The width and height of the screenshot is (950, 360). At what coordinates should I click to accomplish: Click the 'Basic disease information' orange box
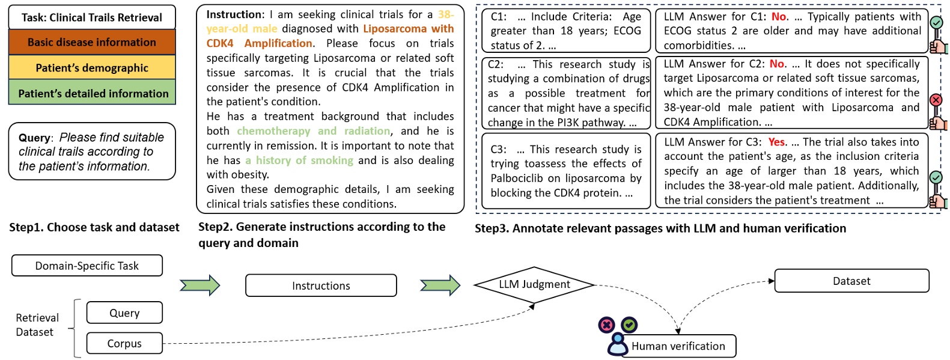pos(92,42)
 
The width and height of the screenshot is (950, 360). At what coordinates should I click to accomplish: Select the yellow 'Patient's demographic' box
pos(92,68)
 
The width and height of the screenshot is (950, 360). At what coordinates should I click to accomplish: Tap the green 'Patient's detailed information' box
pos(92,93)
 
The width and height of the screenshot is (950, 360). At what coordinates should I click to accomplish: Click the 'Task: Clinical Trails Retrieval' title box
pos(92,17)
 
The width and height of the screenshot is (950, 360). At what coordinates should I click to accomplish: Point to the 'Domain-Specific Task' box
pos(87,266)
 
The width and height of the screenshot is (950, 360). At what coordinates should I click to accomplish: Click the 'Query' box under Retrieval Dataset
pos(124,313)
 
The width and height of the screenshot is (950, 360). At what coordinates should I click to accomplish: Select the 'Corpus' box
pos(124,343)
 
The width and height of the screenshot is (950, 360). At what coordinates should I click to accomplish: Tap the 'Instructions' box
pos(321,285)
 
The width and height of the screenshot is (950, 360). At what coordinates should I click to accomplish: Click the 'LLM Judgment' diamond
pos(534,284)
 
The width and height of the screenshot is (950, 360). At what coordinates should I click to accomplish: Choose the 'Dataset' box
pos(851,281)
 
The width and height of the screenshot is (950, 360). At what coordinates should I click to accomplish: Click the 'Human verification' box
pos(678,346)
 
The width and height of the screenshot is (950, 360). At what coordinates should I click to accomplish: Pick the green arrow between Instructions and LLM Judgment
pos(440,285)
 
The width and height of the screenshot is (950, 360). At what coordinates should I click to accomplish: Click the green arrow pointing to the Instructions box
pos(200,285)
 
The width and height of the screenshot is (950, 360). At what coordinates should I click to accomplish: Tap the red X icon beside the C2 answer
pos(936,100)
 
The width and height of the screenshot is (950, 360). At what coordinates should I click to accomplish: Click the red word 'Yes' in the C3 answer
pos(776,142)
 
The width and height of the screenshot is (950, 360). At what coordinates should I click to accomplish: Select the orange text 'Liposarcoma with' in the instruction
pos(408,28)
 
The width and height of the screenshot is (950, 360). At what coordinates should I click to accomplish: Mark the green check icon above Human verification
pos(629,325)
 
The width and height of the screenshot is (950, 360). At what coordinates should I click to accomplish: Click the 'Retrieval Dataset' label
pos(37,325)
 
